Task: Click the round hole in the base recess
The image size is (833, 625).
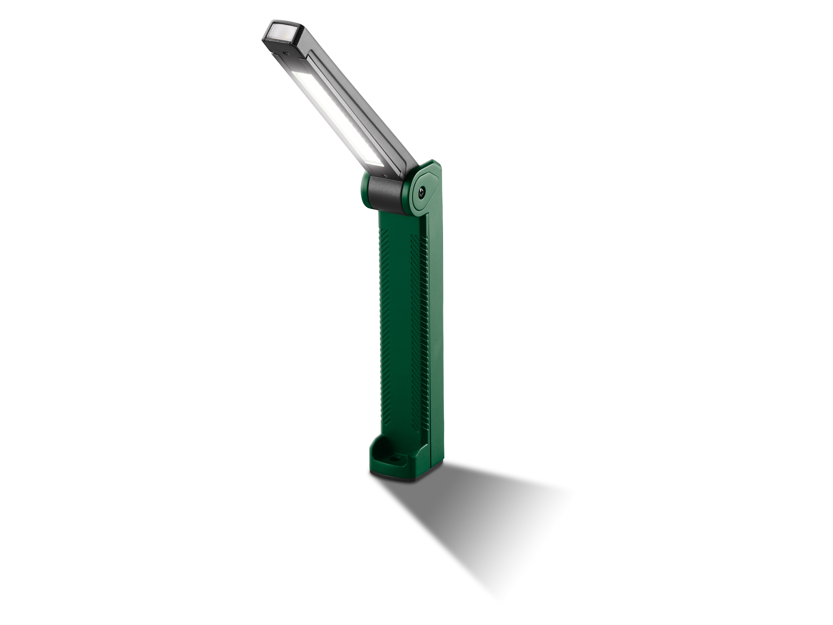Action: [395, 459]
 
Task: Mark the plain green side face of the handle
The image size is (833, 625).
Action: [437, 339]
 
